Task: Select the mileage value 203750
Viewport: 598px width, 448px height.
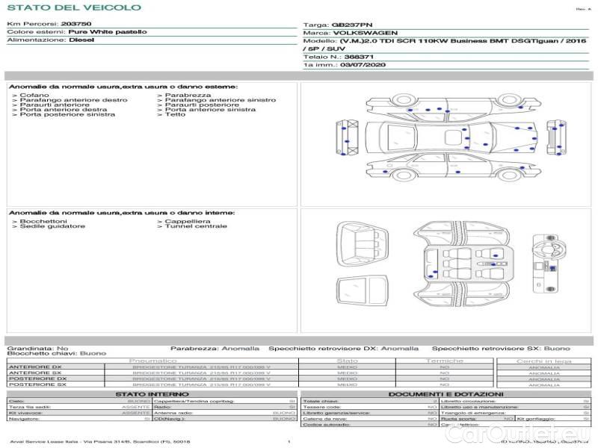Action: (x=75, y=24)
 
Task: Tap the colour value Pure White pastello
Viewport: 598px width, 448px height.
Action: (x=108, y=32)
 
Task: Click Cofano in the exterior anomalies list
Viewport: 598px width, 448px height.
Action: (x=34, y=96)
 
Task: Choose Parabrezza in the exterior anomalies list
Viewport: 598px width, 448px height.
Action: (x=188, y=96)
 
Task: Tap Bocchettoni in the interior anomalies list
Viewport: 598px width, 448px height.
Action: (x=43, y=222)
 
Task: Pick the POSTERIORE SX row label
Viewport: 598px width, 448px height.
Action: (x=37, y=385)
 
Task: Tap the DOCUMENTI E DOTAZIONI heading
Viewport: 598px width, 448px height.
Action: (x=446, y=394)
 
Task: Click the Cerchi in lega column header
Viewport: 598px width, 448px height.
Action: (x=543, y=361)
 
